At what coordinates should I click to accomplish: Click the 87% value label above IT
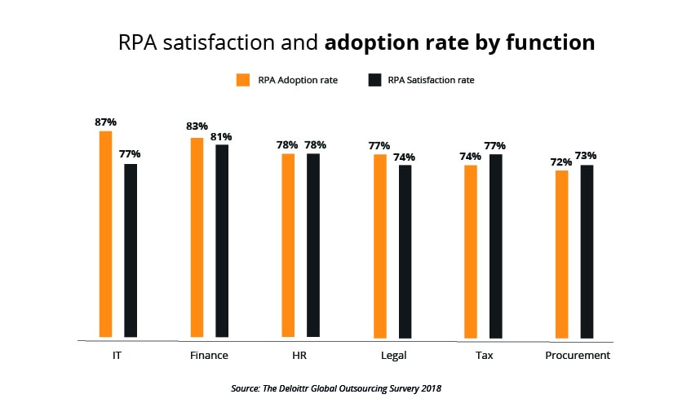pyautogui.click(x=105, y=122)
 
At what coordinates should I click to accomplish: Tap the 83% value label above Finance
pyautogui.click(x=197, y=126)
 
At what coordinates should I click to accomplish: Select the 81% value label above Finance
pyautogui.click(x=223, y=137)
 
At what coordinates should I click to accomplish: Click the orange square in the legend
pyautogui.click(x=242, y=80)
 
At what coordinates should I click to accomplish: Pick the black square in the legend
pyautogui.click(x=375, y=80)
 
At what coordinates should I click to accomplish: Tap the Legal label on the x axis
pyautogui.click(x=393, y=356)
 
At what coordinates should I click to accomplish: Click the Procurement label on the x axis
pyautogui.click(x=578, y=356)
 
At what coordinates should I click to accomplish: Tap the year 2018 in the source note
pyautogui.click(x=430, y=388)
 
